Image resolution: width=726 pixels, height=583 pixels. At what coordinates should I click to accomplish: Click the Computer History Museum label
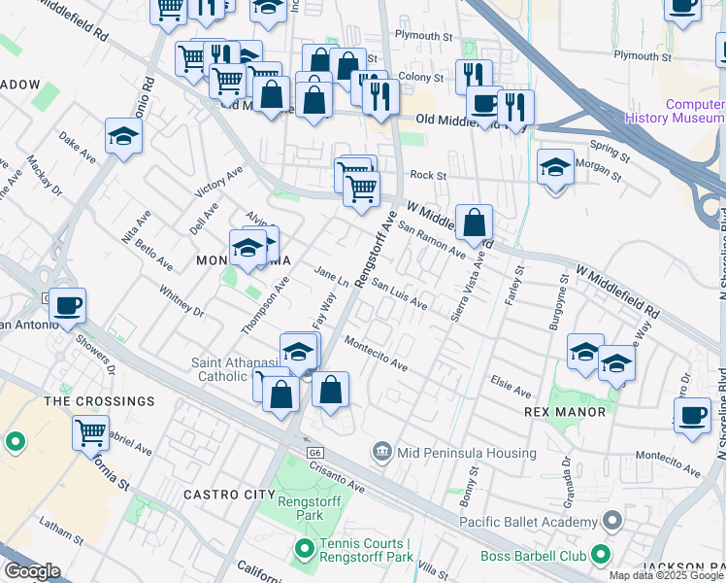693,112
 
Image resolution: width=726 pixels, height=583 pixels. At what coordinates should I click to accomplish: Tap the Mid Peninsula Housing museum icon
381,453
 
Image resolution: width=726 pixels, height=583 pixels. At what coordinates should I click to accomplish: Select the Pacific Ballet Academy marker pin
611,522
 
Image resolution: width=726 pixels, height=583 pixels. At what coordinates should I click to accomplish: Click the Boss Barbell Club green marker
601,556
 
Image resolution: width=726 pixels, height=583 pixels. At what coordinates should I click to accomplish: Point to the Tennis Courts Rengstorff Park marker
304,551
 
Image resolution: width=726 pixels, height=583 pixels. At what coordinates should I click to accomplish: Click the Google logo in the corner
31,571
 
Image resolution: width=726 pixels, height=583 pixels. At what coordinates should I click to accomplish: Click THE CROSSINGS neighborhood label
100,401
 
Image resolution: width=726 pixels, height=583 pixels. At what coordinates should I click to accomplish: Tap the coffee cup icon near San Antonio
68,306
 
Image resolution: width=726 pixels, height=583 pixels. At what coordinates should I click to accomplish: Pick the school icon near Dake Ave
124,136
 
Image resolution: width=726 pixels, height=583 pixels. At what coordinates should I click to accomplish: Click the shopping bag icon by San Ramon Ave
474,223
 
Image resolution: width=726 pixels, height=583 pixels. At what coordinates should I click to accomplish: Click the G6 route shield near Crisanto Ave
314,453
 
